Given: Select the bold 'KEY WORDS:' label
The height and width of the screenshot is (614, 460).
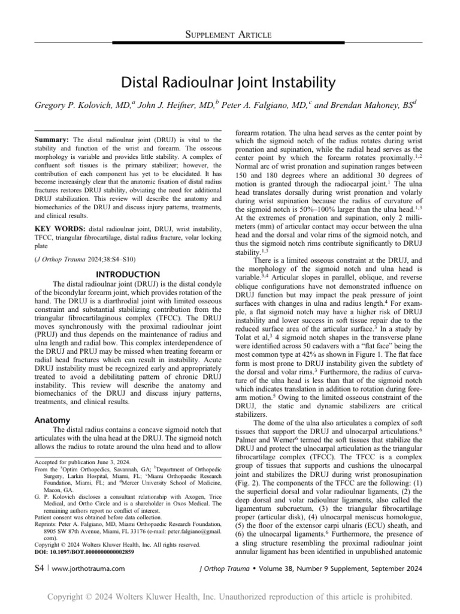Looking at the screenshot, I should [x=55, y=229].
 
